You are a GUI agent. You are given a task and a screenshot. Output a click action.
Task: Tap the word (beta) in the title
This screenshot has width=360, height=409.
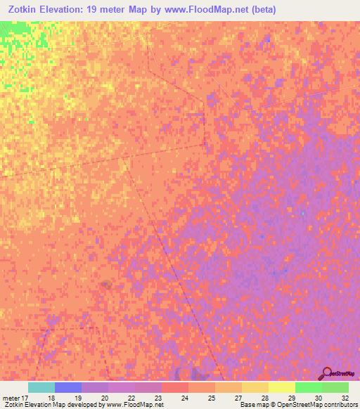click(258, 10)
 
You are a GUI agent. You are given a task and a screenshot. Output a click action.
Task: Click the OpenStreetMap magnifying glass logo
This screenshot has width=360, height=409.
click(326, 373)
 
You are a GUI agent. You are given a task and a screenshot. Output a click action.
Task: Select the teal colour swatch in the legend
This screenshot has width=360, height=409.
click(41, 387)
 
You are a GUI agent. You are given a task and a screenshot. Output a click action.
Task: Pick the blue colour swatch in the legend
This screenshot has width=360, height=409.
click(68, 387)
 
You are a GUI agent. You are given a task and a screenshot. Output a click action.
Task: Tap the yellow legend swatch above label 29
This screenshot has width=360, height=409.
click(282, 387)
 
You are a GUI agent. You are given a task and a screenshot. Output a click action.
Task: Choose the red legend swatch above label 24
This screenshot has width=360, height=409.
click(175, 387)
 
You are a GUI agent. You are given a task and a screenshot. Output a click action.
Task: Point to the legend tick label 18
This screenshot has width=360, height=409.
click(51, 397)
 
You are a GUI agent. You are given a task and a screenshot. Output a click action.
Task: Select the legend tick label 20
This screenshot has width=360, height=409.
click(105, 397)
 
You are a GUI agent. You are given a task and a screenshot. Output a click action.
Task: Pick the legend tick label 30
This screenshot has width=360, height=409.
click(318, 397)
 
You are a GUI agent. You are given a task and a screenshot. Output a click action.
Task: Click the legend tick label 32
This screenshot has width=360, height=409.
click(345, 397)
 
